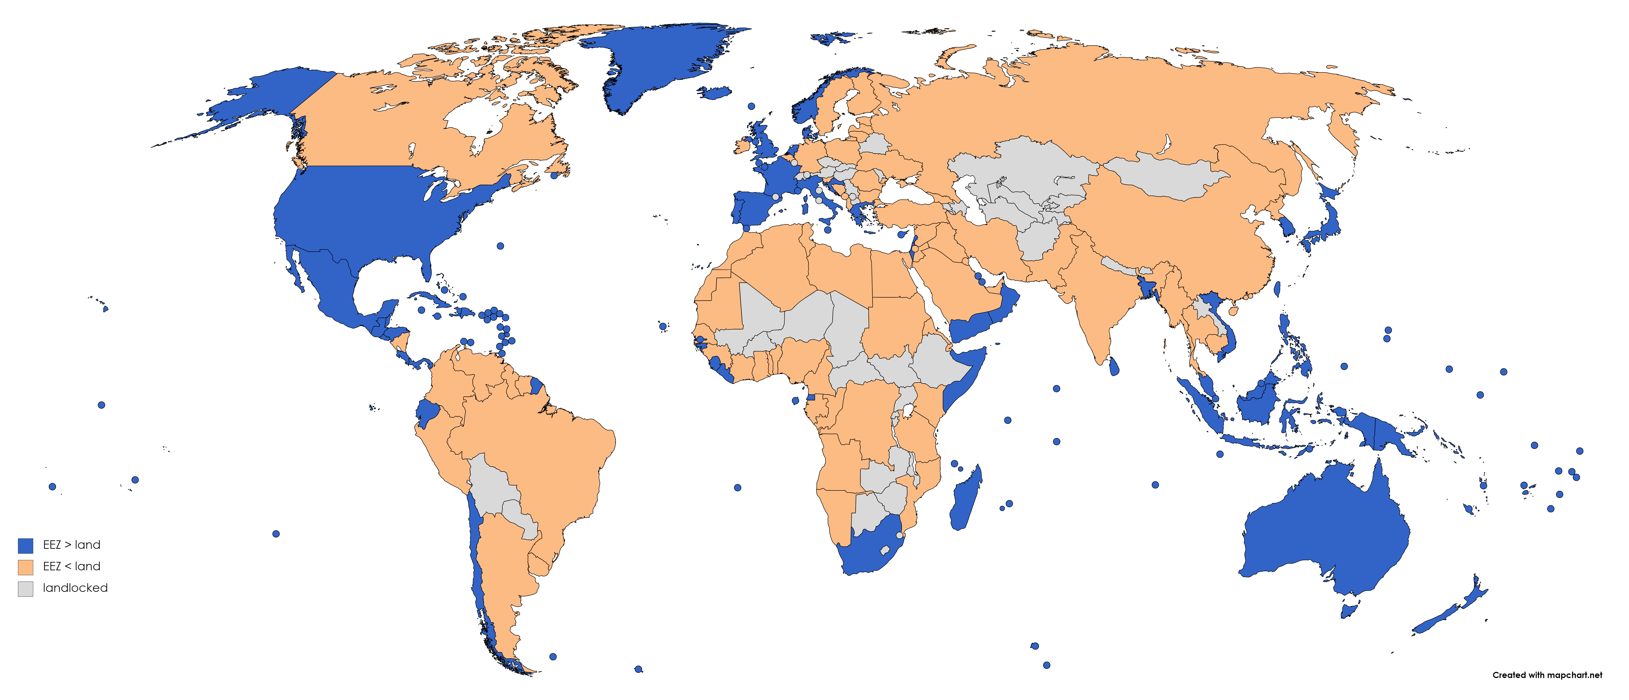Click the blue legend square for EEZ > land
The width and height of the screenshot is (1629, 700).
point(25,546)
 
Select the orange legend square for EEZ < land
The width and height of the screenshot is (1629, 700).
point(25,567)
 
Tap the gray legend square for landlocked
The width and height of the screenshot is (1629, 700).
point(25,589)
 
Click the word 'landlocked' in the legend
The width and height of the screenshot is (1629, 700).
point(75,588)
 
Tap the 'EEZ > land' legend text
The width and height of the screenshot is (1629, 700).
point(71,545)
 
